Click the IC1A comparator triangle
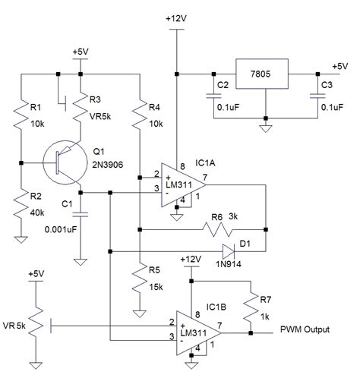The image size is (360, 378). (182, 181)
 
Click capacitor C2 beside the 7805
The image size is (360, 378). (210, 95)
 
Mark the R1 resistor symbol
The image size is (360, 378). (22, 114)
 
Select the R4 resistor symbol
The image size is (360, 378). (139, 114)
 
